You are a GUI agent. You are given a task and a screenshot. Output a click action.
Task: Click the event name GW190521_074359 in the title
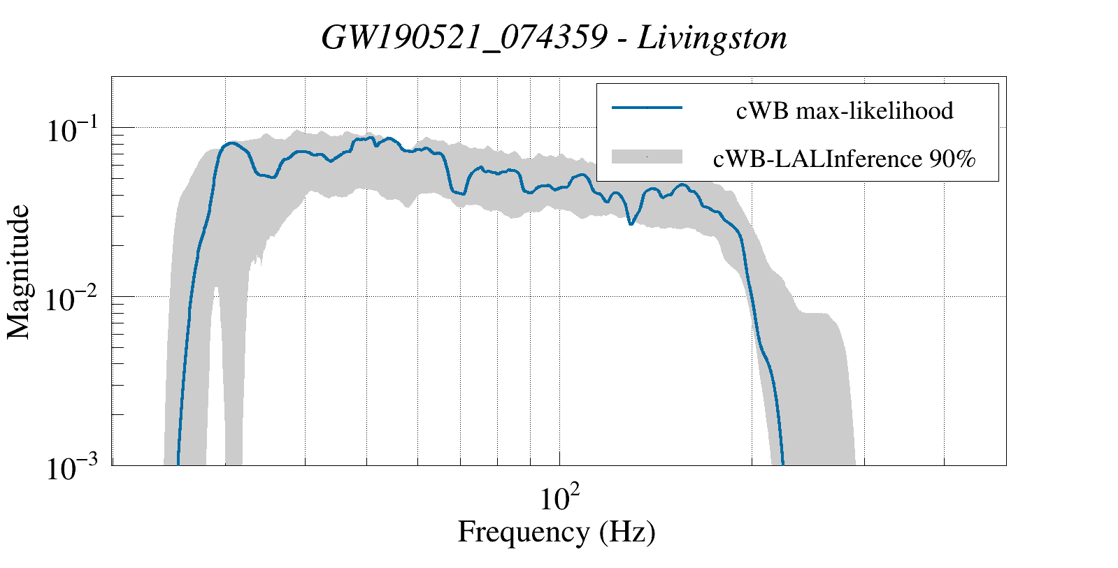[464, 38]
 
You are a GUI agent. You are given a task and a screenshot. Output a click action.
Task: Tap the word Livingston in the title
[712, 38]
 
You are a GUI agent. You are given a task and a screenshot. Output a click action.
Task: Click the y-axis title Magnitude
[19, 272]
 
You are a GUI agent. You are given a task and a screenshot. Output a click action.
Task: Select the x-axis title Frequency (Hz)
[557, 532]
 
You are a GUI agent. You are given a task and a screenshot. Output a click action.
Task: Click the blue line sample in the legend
[647, 108]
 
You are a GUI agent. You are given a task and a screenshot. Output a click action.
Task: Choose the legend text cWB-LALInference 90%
[844, 159]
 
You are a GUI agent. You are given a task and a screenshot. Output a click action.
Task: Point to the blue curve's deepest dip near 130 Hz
[631, 224]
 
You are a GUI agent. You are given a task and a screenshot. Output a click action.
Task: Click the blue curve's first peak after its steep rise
[231, 143]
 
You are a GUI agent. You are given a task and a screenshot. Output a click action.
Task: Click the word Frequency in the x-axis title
[524, 532]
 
